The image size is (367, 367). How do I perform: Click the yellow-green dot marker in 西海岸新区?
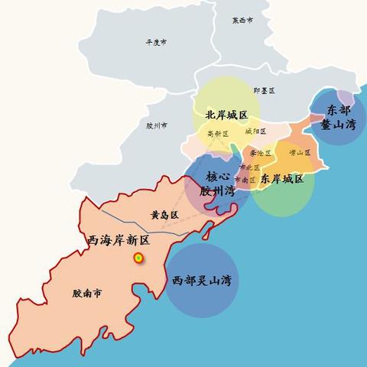pos(138,258)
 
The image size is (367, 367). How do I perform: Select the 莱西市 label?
pos(242,21)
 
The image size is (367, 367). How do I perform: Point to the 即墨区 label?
pos(264,90)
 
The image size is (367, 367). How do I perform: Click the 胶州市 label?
pos(156,125)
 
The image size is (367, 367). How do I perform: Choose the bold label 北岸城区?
pos(226,115)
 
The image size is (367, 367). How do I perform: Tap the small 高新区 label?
pos(218,134)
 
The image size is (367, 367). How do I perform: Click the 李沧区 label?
pos(259,153)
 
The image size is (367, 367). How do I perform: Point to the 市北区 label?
pos(249,167)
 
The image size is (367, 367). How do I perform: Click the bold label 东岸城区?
pos(281,179)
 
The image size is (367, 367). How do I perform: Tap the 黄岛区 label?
pos(164,216)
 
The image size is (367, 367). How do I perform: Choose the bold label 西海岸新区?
pos(118,240)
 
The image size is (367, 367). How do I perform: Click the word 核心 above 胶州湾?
pos(219,176)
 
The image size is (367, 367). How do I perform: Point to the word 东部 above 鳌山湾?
pos(338,109)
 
